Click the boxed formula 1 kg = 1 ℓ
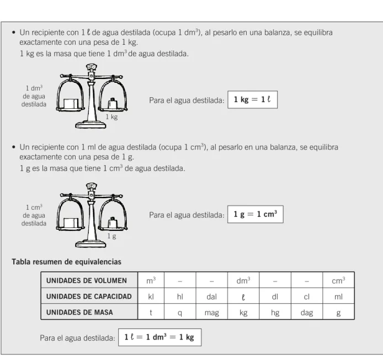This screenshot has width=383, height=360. point(253,100)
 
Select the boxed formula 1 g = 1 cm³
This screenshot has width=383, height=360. point(256,214)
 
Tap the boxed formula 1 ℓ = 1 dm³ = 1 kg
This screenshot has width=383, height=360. point(159,337)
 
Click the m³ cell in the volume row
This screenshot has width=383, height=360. point(151,280)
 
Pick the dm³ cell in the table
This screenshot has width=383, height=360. point(243,280)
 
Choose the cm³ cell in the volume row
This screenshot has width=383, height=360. point(338,280)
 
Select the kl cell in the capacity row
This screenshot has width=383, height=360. point(151,296)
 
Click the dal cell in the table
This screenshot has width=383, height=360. point(211,296)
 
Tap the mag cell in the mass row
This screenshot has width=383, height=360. point(211,312)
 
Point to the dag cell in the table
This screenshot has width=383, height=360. point(307,312)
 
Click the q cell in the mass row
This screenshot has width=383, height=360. point(180,312)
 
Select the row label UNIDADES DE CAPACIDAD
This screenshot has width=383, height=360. point(89,296)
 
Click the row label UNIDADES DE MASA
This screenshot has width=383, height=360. point(79,312)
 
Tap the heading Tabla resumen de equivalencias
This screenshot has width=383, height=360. point(66,262)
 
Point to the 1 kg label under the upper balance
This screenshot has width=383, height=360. point(111,117)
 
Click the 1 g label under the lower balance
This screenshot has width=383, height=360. point(111,236)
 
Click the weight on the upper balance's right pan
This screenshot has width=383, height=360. point(113,104)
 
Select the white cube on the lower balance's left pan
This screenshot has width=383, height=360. point(71,223)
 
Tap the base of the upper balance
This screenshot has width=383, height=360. point(91,125)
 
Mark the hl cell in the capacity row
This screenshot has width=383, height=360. point(180,296)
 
